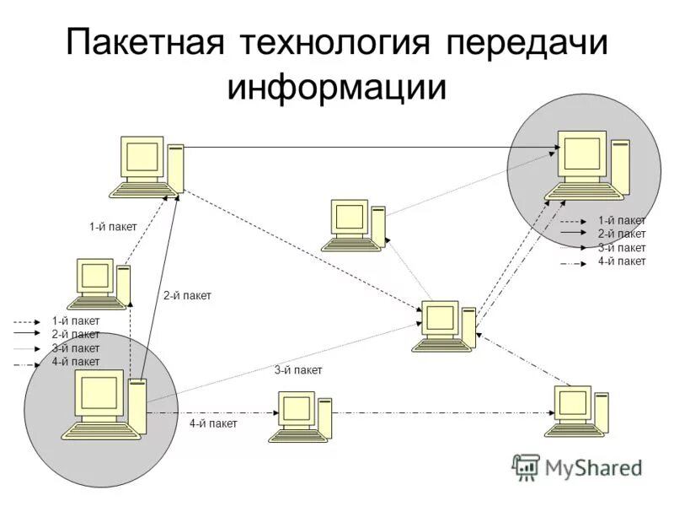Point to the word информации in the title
coord(336,87)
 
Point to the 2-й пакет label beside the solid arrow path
coord(187,295)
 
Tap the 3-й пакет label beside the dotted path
coord(298,370)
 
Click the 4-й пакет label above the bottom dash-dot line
coord(213,423)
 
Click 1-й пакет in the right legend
coord(622,221)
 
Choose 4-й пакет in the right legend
coord(622,261)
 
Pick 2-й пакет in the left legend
coord(75,334)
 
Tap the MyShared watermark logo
coord(577,466)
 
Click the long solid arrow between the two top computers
coord(371,148)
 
